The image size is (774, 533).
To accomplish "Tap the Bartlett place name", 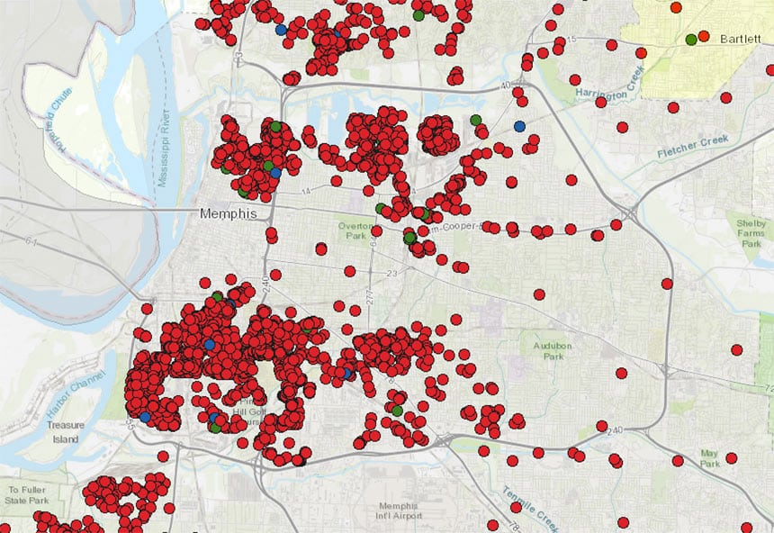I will (741, 41).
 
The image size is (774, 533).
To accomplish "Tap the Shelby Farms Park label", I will (750, 233).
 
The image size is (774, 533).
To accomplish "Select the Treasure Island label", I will (65, 432).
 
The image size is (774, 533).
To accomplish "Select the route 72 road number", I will (768, 388).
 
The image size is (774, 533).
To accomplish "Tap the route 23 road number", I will (392, 274).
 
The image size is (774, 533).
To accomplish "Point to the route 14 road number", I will (305, 192).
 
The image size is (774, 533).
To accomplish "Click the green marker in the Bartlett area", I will (691, 39).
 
